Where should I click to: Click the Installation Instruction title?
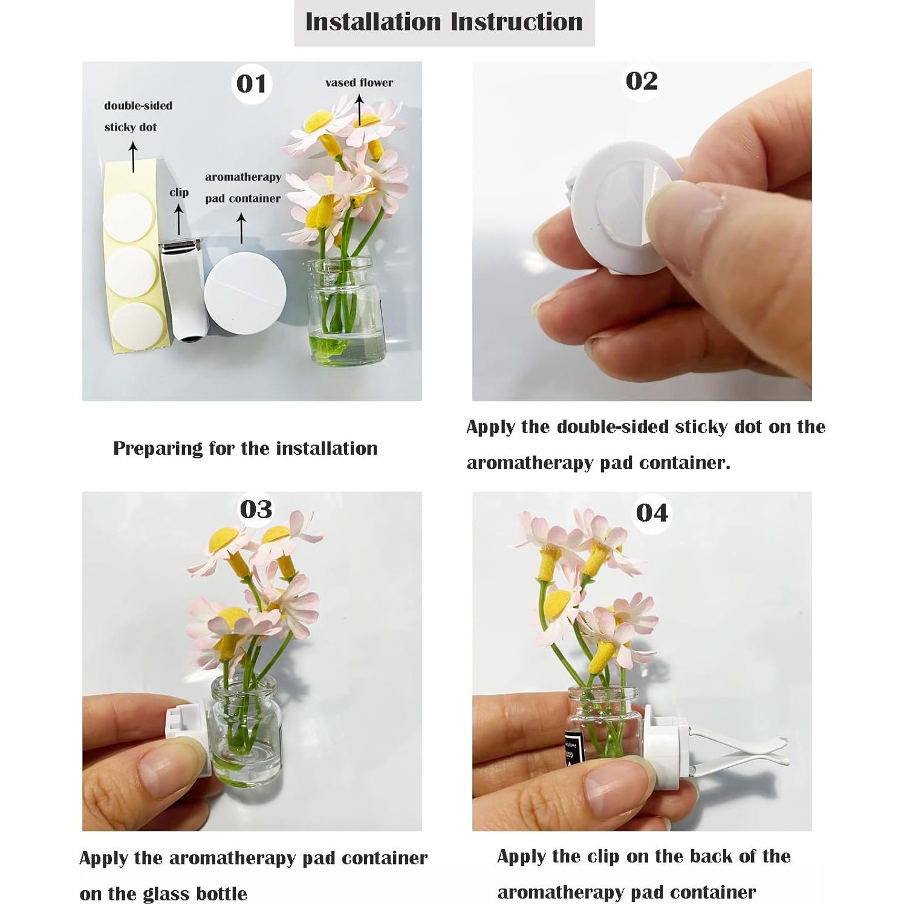tap(444, 22)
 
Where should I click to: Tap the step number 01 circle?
tap(252, 83)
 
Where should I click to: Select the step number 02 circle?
tap(642, 81)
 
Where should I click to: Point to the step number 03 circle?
tap(256, 509)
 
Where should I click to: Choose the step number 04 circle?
tap(652, 513)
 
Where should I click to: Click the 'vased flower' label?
tap(359, 83)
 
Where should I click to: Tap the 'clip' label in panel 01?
tap(179, 192)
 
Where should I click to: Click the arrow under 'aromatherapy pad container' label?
tap(241, 229)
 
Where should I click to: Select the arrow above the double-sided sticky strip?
tap(133, 157)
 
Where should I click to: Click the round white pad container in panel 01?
tap(245, 292)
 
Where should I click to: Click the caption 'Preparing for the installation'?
tap(245, 448)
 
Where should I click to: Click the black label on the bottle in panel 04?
tap(570, 747)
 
